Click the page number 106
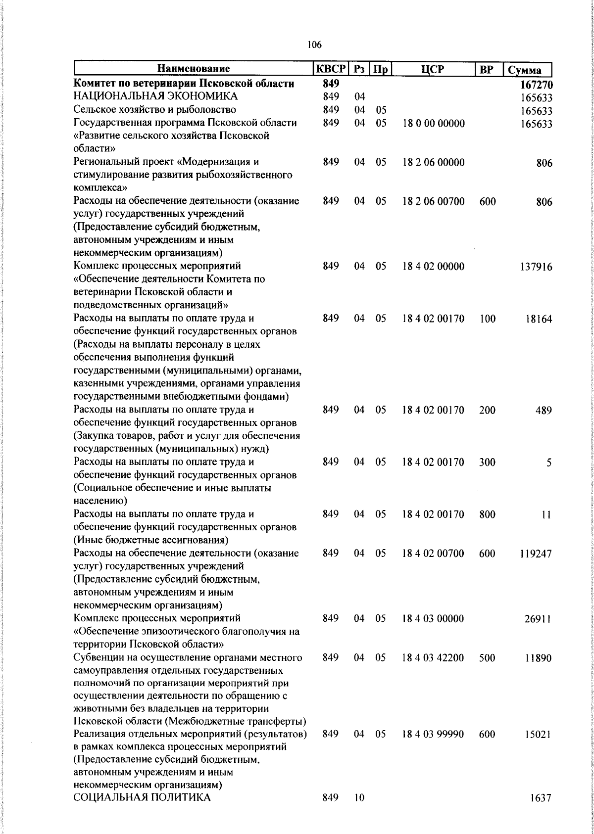coord(314,45)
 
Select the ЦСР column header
coord(433,69)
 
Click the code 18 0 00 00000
coord(433,123)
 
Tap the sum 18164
coord(539,319)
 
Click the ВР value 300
coord(487,462)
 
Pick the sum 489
coord(543,410)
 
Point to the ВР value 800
coord(487,514)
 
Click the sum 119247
coord(536,554)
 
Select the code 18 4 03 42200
coord(433,658)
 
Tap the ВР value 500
coord(487,658)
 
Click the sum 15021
coord(538,735)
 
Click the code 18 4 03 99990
coord(433,735)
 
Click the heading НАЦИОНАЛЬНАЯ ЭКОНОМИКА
coord(155,96)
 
